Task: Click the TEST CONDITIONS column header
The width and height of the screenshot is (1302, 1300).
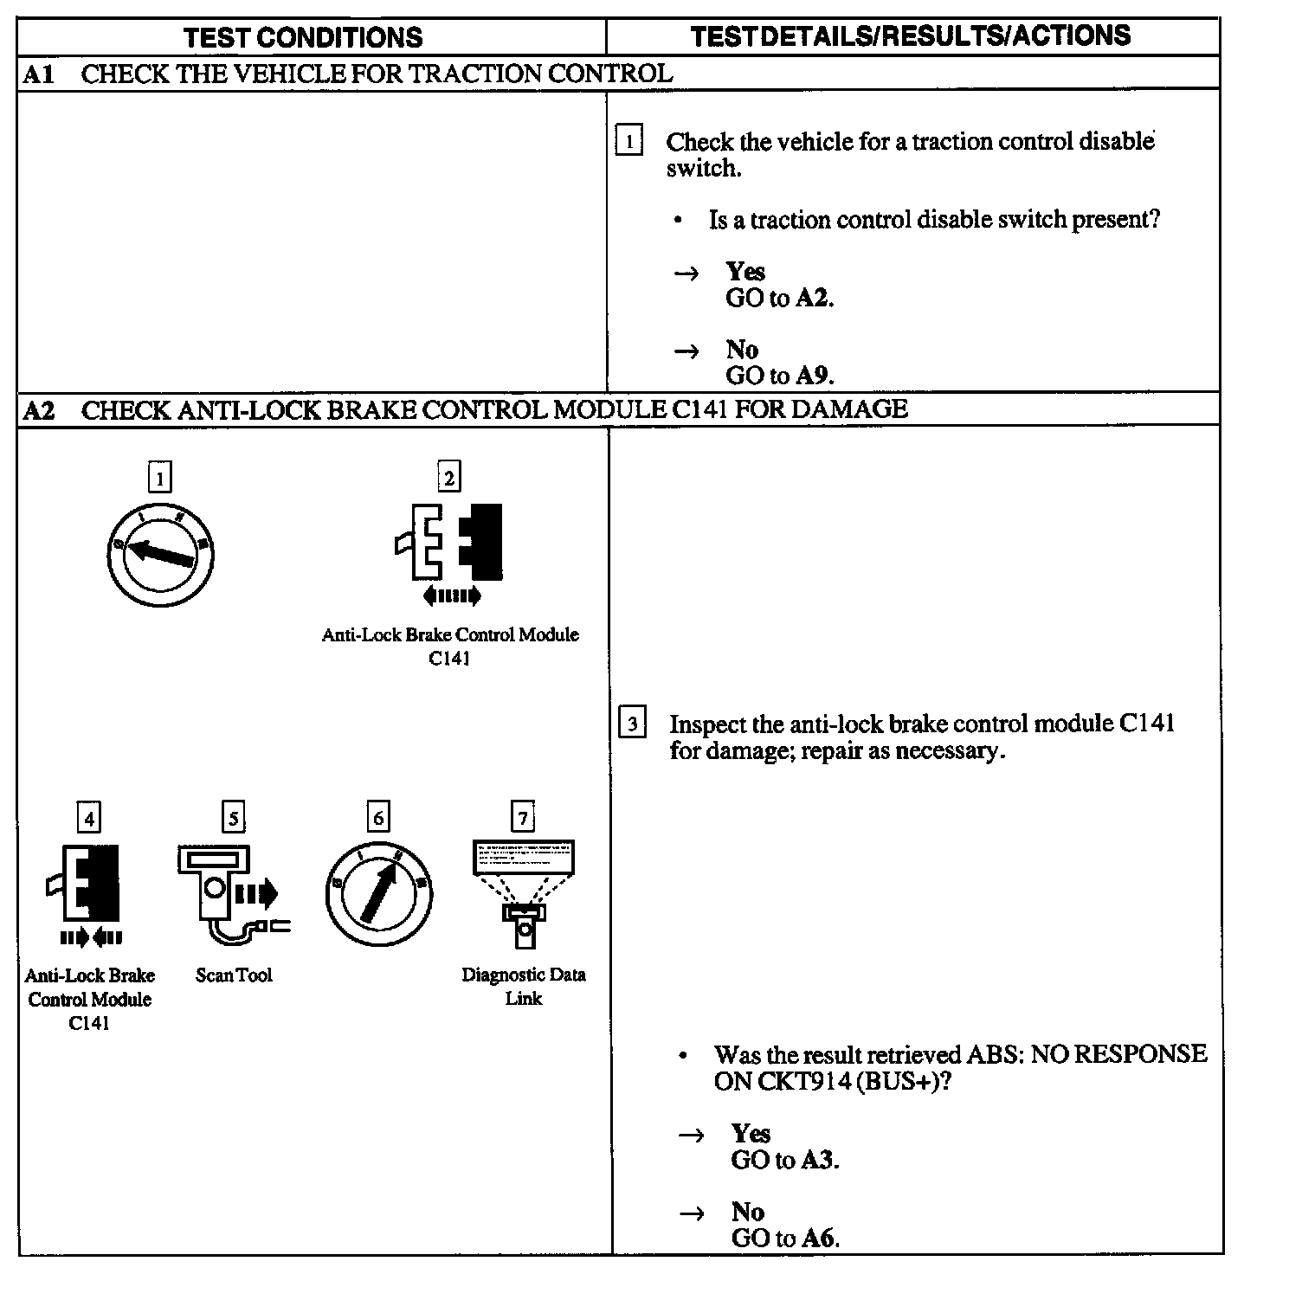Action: [303, 37]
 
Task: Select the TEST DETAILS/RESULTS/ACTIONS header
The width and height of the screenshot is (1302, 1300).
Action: [911, 35]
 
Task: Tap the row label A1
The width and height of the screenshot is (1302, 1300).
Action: [39, 74]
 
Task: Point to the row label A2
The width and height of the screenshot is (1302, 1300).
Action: [39, 409]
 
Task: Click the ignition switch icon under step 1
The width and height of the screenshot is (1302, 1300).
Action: [160, 553]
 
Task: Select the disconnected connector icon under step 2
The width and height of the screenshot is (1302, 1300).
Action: [449, 543]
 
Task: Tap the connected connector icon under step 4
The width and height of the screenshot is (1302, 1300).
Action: [86, 883]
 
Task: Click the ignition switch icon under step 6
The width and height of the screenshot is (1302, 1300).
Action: [378, 893]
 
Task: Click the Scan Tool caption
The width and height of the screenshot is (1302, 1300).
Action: [234, 975]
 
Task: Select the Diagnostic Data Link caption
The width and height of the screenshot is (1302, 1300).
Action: [523, 987]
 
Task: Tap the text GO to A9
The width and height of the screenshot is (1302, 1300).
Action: [779, 376]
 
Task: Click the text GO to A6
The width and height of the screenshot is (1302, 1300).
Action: [785, 1238]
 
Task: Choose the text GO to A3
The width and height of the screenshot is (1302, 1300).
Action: [784, 1160]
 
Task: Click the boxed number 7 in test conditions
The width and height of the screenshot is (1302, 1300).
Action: [523, 817]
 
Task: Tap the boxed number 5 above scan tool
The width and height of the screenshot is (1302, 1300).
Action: [233, 817]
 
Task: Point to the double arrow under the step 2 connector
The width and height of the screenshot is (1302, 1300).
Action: [451, 595]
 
